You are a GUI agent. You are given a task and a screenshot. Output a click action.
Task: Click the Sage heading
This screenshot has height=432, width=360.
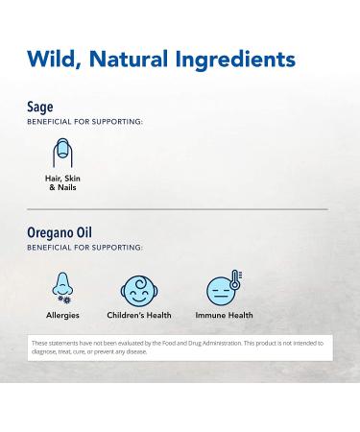click(40, 108)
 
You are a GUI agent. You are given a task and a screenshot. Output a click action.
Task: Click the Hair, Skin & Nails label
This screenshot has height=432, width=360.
click(62, 183)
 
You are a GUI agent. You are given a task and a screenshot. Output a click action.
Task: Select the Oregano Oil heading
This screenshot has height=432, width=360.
click(60, 233)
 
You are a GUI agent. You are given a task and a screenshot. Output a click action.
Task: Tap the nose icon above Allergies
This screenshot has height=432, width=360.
click(62, 289)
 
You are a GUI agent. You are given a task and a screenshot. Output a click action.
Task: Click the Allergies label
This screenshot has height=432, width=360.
click(62, 315)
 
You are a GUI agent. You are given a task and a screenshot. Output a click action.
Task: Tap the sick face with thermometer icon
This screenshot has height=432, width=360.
click(221, 290)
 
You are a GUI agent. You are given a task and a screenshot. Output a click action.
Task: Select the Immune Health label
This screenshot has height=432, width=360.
click(224, 315)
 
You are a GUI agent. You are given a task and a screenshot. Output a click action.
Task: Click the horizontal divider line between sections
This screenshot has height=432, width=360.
click(180, 209)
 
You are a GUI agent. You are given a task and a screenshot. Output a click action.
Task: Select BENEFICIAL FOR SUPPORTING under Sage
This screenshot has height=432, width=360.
click(85, 123)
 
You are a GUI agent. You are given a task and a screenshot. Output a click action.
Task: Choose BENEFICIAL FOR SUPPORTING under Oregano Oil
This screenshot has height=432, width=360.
click(85, 248)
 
